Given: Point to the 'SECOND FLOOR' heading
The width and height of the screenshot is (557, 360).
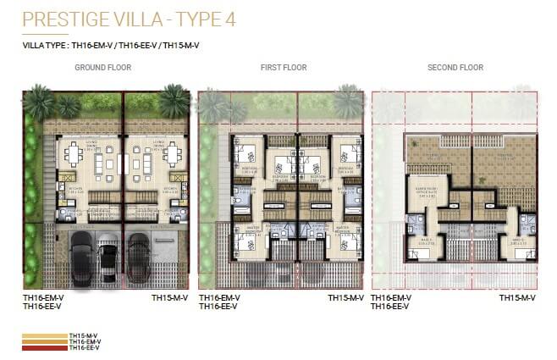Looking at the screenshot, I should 455,68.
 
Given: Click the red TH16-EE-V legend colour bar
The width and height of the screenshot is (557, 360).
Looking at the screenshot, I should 43,348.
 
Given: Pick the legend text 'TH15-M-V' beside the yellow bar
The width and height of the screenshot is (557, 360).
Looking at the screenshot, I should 84,336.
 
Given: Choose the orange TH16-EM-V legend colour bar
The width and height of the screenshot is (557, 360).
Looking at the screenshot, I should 43,342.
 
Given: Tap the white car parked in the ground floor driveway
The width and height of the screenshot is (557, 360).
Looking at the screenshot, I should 108,261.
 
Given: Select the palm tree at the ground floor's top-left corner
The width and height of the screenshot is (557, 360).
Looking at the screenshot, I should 39,102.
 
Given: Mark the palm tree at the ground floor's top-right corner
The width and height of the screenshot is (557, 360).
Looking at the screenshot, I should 174,101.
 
